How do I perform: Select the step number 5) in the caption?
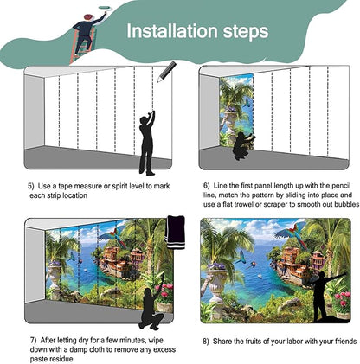30,186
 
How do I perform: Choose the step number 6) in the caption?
207,186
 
